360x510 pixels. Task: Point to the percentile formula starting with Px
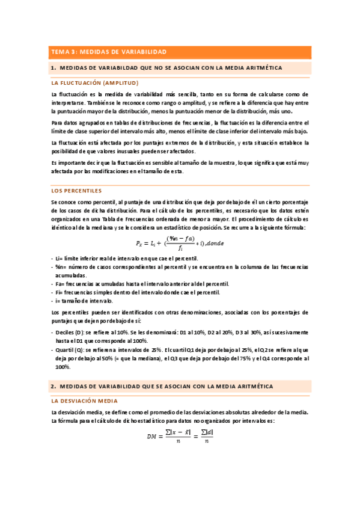pos(180,242)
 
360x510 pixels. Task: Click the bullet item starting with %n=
pos(180,266)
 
